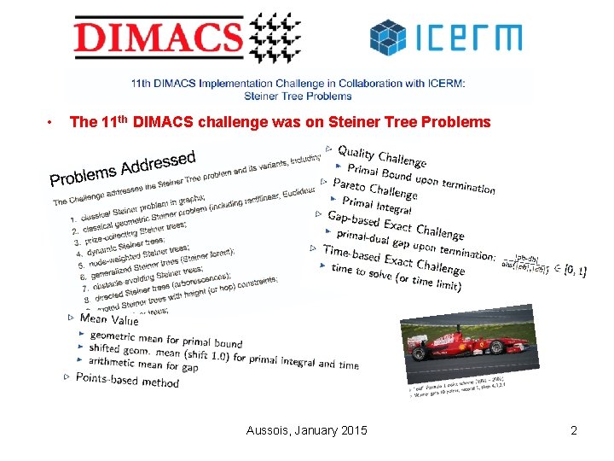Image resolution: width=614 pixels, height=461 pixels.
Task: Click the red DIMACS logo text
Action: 157,38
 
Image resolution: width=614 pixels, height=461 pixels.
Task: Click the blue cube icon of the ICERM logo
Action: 389,38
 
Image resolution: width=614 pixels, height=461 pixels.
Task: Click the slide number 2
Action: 574,430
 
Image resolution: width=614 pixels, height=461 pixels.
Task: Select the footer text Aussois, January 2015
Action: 307,430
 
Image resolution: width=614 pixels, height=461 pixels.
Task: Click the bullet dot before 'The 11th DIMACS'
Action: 53,122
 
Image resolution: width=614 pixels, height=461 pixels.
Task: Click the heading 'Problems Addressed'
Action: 123,167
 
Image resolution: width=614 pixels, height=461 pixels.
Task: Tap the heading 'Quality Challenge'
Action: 381,155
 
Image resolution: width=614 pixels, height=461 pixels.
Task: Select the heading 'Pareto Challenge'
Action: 374,190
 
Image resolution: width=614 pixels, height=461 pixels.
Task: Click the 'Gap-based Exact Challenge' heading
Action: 396,225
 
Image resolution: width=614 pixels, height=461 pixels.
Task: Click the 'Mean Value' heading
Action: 109,319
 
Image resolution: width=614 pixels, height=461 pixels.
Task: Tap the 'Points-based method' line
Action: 127,380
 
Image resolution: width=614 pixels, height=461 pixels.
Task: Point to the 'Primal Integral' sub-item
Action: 376,205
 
